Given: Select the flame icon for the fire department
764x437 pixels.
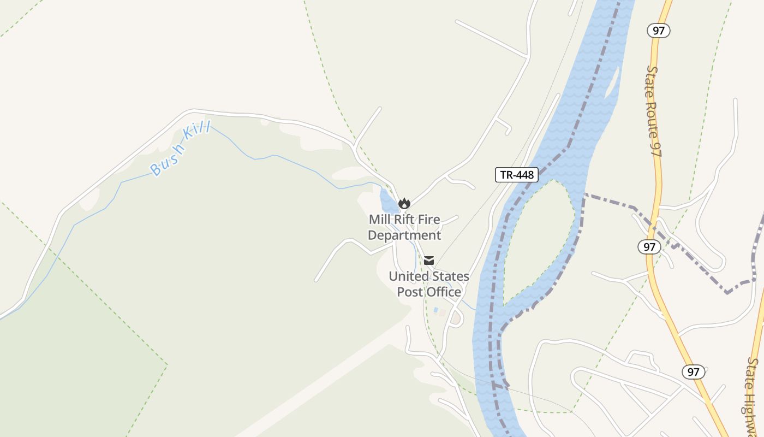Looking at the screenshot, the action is pyautogui.click(x=404, y=204).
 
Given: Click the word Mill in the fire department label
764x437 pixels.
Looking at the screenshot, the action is pyautogui.click(x=381, y=220).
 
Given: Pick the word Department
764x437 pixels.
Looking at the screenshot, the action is pyautogui.click(x=404, y=235).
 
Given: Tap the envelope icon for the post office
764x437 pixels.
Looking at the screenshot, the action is pyautogui.click(x=429, y=261).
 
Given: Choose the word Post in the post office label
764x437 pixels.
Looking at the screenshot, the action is pyautogui.click(x=410, y=292).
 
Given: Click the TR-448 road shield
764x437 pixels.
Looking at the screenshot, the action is pyautogui.click(x=517, y=175).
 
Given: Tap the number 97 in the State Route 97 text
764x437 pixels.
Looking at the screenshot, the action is pyautogui.click(x=656, y=147).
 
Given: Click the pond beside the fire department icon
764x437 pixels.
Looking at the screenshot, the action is pyautogui.click(x=388, y=202).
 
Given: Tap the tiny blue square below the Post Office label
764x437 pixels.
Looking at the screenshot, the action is pyautogui.click(x=435, y=310).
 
